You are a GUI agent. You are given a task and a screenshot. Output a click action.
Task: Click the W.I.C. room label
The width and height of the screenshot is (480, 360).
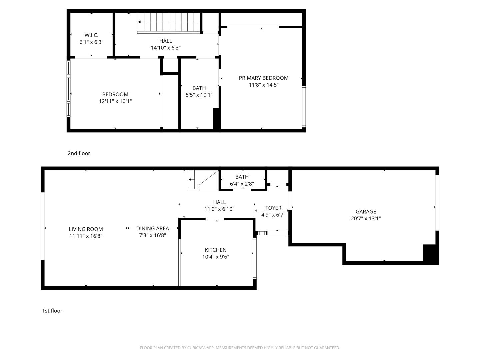91,35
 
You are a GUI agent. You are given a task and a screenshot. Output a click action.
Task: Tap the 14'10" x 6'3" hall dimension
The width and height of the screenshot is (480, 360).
166,48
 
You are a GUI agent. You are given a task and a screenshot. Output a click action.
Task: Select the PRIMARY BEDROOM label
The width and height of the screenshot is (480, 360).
263,78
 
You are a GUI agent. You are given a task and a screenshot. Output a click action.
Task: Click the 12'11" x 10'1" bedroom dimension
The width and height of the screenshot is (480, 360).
115,101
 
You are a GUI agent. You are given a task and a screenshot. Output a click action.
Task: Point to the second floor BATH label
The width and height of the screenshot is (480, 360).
199,88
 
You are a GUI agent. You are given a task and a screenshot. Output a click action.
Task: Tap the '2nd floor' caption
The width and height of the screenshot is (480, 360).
79,153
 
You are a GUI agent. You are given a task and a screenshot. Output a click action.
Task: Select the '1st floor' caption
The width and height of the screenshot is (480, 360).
52,311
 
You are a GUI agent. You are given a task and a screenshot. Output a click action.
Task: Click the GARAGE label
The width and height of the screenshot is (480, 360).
366,212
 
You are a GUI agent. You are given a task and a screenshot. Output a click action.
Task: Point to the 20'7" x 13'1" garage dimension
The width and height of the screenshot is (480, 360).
366,219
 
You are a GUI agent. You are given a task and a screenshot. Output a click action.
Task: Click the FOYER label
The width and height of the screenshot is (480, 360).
273,208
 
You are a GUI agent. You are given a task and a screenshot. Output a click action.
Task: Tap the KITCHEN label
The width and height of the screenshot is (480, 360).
216,250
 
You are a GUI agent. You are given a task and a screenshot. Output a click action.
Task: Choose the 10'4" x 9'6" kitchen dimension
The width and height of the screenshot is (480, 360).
216,257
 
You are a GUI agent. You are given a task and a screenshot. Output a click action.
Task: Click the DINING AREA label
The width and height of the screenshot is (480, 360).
153,228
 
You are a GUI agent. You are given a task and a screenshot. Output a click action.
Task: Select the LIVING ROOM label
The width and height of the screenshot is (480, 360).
86,229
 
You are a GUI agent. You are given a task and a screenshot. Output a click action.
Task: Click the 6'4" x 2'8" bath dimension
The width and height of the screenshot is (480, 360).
242,184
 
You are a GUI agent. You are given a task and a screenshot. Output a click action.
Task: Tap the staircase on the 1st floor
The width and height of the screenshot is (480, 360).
203,180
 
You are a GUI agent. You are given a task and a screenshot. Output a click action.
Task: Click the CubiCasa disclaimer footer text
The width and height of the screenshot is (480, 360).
240,348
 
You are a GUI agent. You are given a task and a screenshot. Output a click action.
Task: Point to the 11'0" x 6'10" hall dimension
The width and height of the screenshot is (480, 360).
219,209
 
